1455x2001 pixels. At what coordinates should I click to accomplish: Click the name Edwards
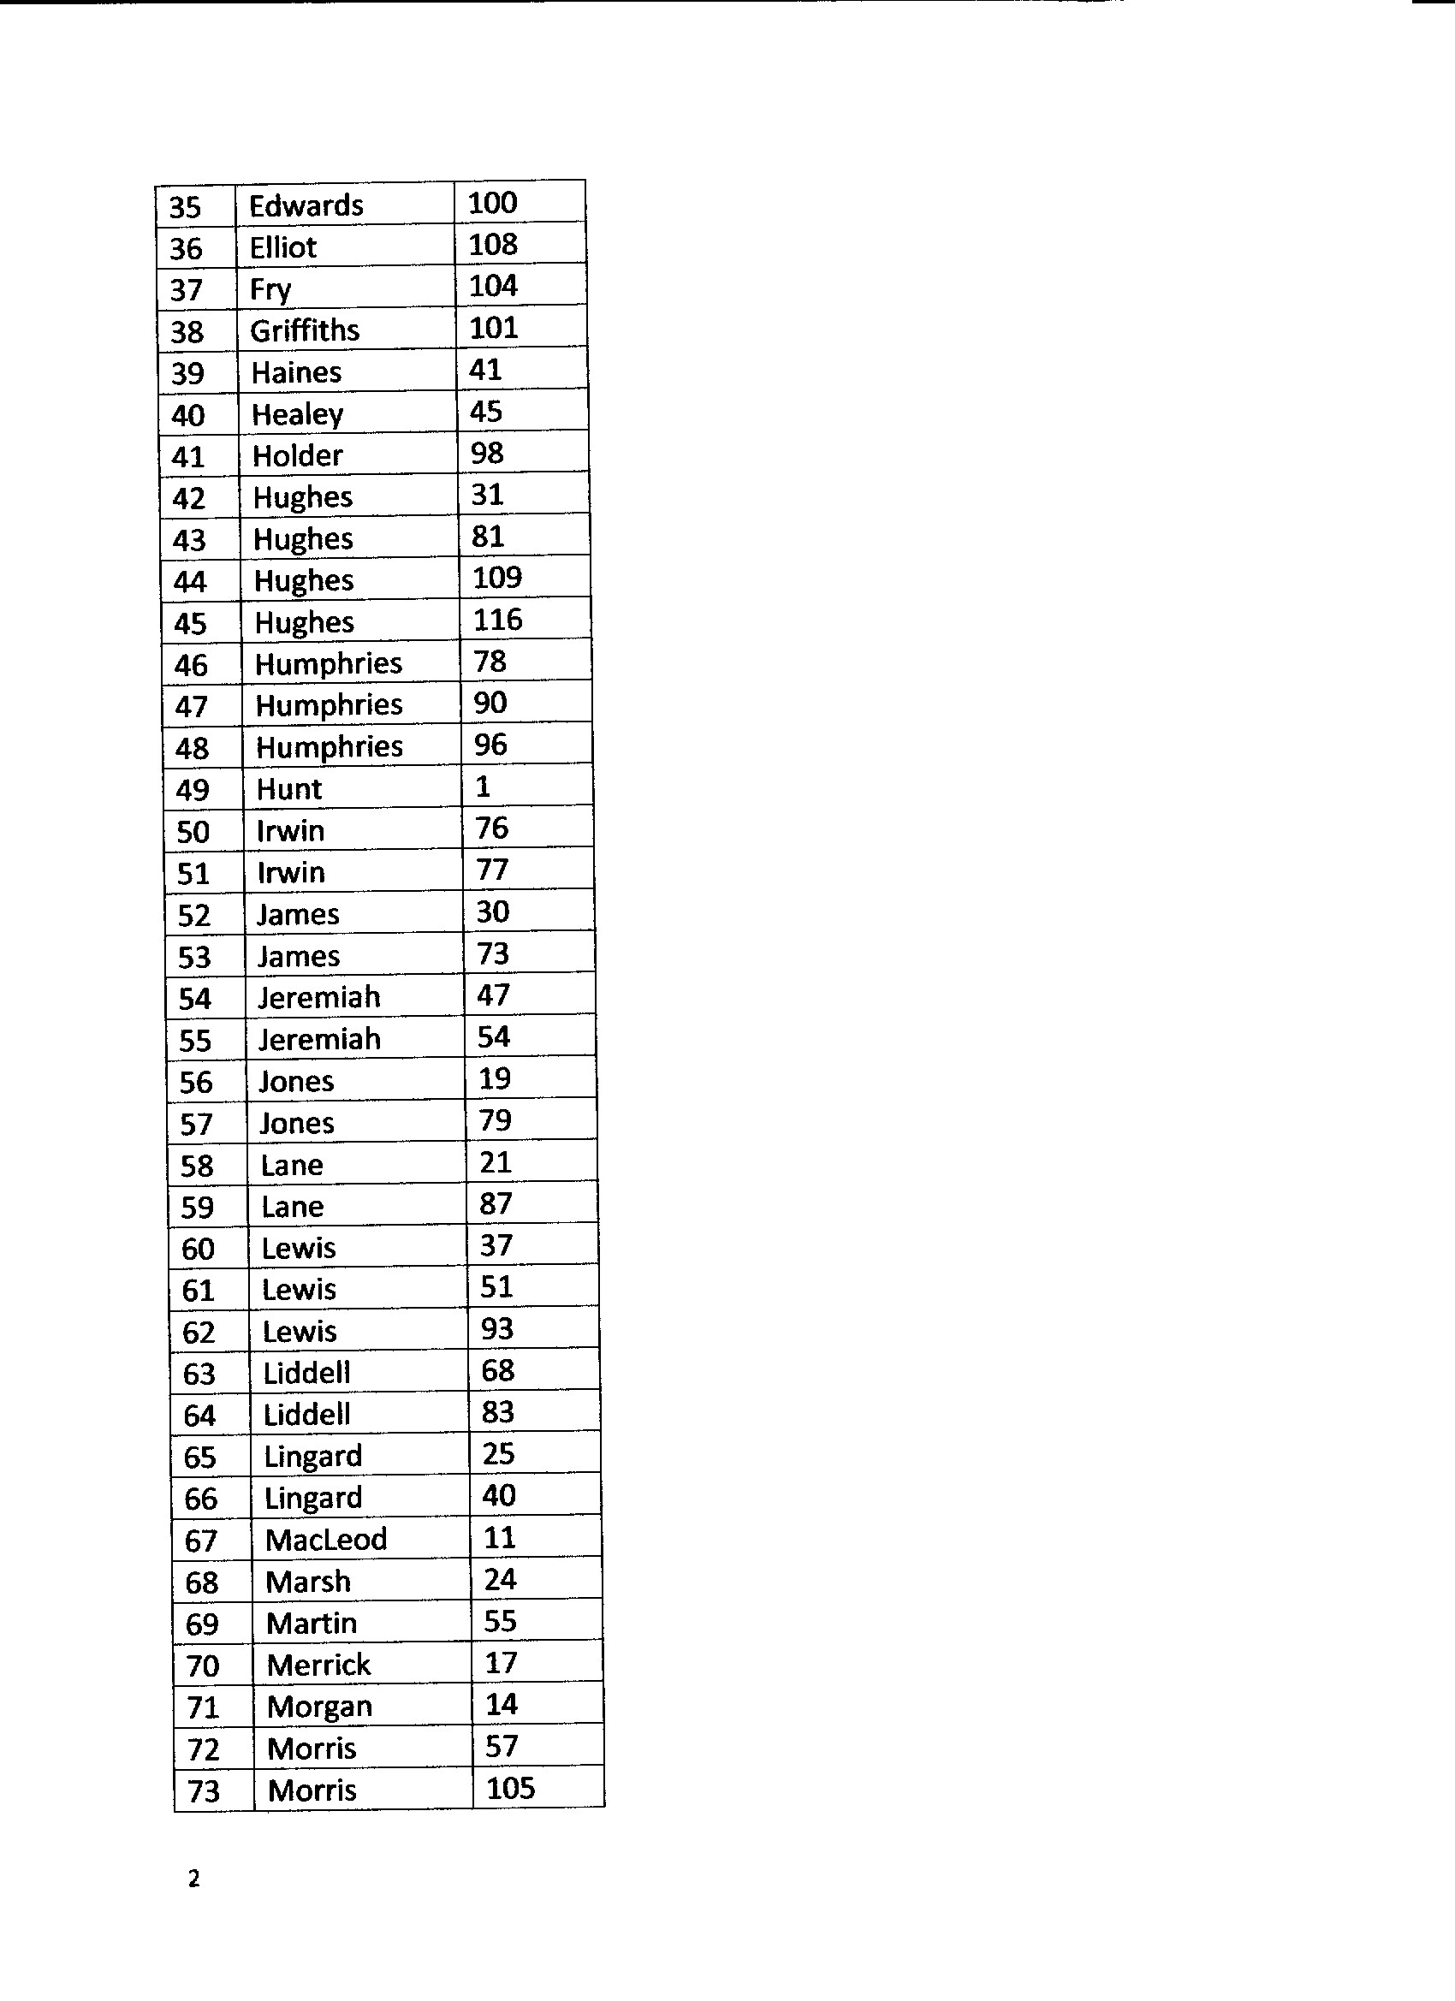pos(306,205)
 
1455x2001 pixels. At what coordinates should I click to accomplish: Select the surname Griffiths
pos(305,331)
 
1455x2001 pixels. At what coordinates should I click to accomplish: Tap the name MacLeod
pos(325,1540)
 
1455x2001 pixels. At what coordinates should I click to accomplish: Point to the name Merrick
pos(318,1665)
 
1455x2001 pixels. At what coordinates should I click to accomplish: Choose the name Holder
pos(296,456)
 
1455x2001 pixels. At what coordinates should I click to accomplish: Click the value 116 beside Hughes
pos(497,620)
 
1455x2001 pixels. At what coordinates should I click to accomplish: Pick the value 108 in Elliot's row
pos(492,245)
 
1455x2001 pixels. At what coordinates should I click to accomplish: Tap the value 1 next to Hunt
pos(483,786)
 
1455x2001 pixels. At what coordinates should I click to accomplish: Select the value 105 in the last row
pos(510,1789)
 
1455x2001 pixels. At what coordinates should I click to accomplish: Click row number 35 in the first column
pos(185,207)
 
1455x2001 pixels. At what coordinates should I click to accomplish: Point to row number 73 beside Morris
pos(204,1792)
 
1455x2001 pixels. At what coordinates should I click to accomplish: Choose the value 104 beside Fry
pos(492,286)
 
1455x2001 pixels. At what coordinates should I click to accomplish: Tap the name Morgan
pos(318,1707)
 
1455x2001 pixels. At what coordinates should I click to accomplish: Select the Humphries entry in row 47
pos(329,705)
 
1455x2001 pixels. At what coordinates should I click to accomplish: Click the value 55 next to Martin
pos(501,1622)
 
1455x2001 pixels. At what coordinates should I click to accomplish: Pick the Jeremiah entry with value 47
pos(318,998)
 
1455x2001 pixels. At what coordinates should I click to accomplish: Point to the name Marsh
pos(308,1582)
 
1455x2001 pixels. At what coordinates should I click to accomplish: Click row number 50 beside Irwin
pos(193,832)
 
